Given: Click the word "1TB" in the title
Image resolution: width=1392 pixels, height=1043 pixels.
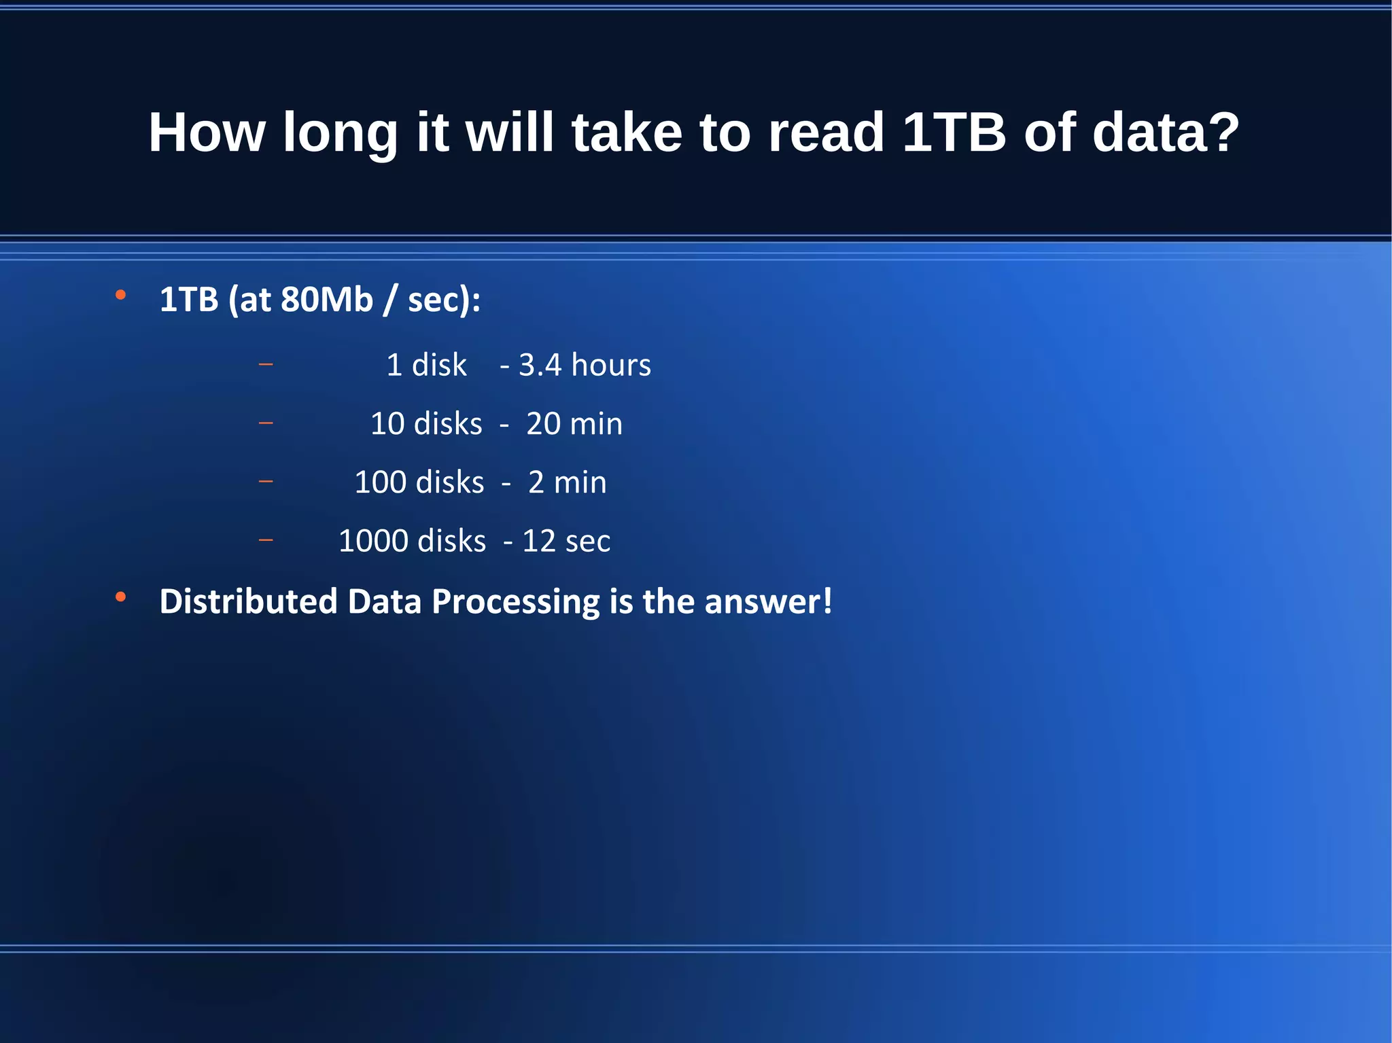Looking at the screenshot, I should coord(954,132).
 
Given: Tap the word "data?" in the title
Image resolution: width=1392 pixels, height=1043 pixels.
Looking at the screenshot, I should coord(1166,132).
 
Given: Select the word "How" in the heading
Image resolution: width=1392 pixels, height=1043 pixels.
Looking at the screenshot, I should coord(207,132).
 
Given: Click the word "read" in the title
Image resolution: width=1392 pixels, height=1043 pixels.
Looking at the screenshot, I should coord(826,132).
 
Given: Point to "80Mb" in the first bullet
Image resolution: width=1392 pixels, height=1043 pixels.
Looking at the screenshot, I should coord(327,300).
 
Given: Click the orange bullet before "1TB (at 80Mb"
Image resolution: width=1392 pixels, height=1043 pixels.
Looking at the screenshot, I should coord(121,295).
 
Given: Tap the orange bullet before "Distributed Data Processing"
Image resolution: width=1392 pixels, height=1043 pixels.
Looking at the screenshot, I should coord(121,597).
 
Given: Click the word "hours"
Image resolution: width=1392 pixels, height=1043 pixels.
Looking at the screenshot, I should coord(611,365).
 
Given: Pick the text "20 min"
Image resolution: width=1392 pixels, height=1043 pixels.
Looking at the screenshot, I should coord(574,424).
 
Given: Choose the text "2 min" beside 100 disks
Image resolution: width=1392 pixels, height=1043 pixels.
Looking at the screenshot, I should coord(568,482).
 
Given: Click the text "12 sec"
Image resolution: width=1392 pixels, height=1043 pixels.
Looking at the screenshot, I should coord(566,541).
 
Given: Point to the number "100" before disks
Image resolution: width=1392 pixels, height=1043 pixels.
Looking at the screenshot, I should coord(381,482).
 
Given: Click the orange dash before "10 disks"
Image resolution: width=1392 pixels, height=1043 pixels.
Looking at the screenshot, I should coord(266,423).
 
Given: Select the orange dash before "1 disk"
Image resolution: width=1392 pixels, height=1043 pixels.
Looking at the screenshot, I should coord(266,365).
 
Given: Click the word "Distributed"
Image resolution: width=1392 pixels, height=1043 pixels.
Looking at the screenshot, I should coord(248,601).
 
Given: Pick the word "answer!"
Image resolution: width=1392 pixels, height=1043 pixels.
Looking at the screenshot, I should coord(768,601).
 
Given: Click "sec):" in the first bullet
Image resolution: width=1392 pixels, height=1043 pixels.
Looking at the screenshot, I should coord(444,300).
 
